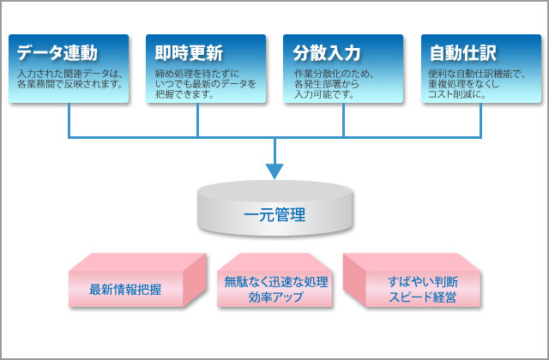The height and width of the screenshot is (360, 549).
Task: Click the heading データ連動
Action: tap(57, 53)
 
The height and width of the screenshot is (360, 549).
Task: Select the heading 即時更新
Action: tap(189, 53)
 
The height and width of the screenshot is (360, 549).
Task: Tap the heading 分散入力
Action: tap(326, 53)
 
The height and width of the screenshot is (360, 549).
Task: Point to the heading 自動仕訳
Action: tap(463, 53)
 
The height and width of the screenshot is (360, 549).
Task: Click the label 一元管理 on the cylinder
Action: tap(274, 214)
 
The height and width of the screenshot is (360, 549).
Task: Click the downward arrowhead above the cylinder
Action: tap(274, 171)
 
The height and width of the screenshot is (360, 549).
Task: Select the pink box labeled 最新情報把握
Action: tap(137, 280)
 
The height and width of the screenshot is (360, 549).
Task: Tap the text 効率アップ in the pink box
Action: tap(276, 297)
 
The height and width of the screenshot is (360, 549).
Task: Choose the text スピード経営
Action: tap(422, 297)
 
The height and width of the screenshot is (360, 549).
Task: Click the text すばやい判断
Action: tap(423, 282)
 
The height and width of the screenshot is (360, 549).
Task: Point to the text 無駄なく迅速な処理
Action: tap(276, 282)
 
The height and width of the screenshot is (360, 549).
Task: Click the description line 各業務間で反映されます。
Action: tap(70, 84)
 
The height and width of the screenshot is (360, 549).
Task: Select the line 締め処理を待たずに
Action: tap(197, 74)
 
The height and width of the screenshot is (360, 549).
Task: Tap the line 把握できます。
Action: tap(184, 94)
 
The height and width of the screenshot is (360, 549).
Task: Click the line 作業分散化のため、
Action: tap(334, 74)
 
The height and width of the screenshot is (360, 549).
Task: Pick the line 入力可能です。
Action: tap(324, 94)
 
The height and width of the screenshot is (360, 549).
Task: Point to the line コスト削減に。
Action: tap(457, 94)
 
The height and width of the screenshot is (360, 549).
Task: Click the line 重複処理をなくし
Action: tap(463, 84)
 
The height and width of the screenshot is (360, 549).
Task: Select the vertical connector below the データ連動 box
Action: tap(69, 120)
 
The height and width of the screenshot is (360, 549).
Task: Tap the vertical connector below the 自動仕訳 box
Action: tap(480, 120)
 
